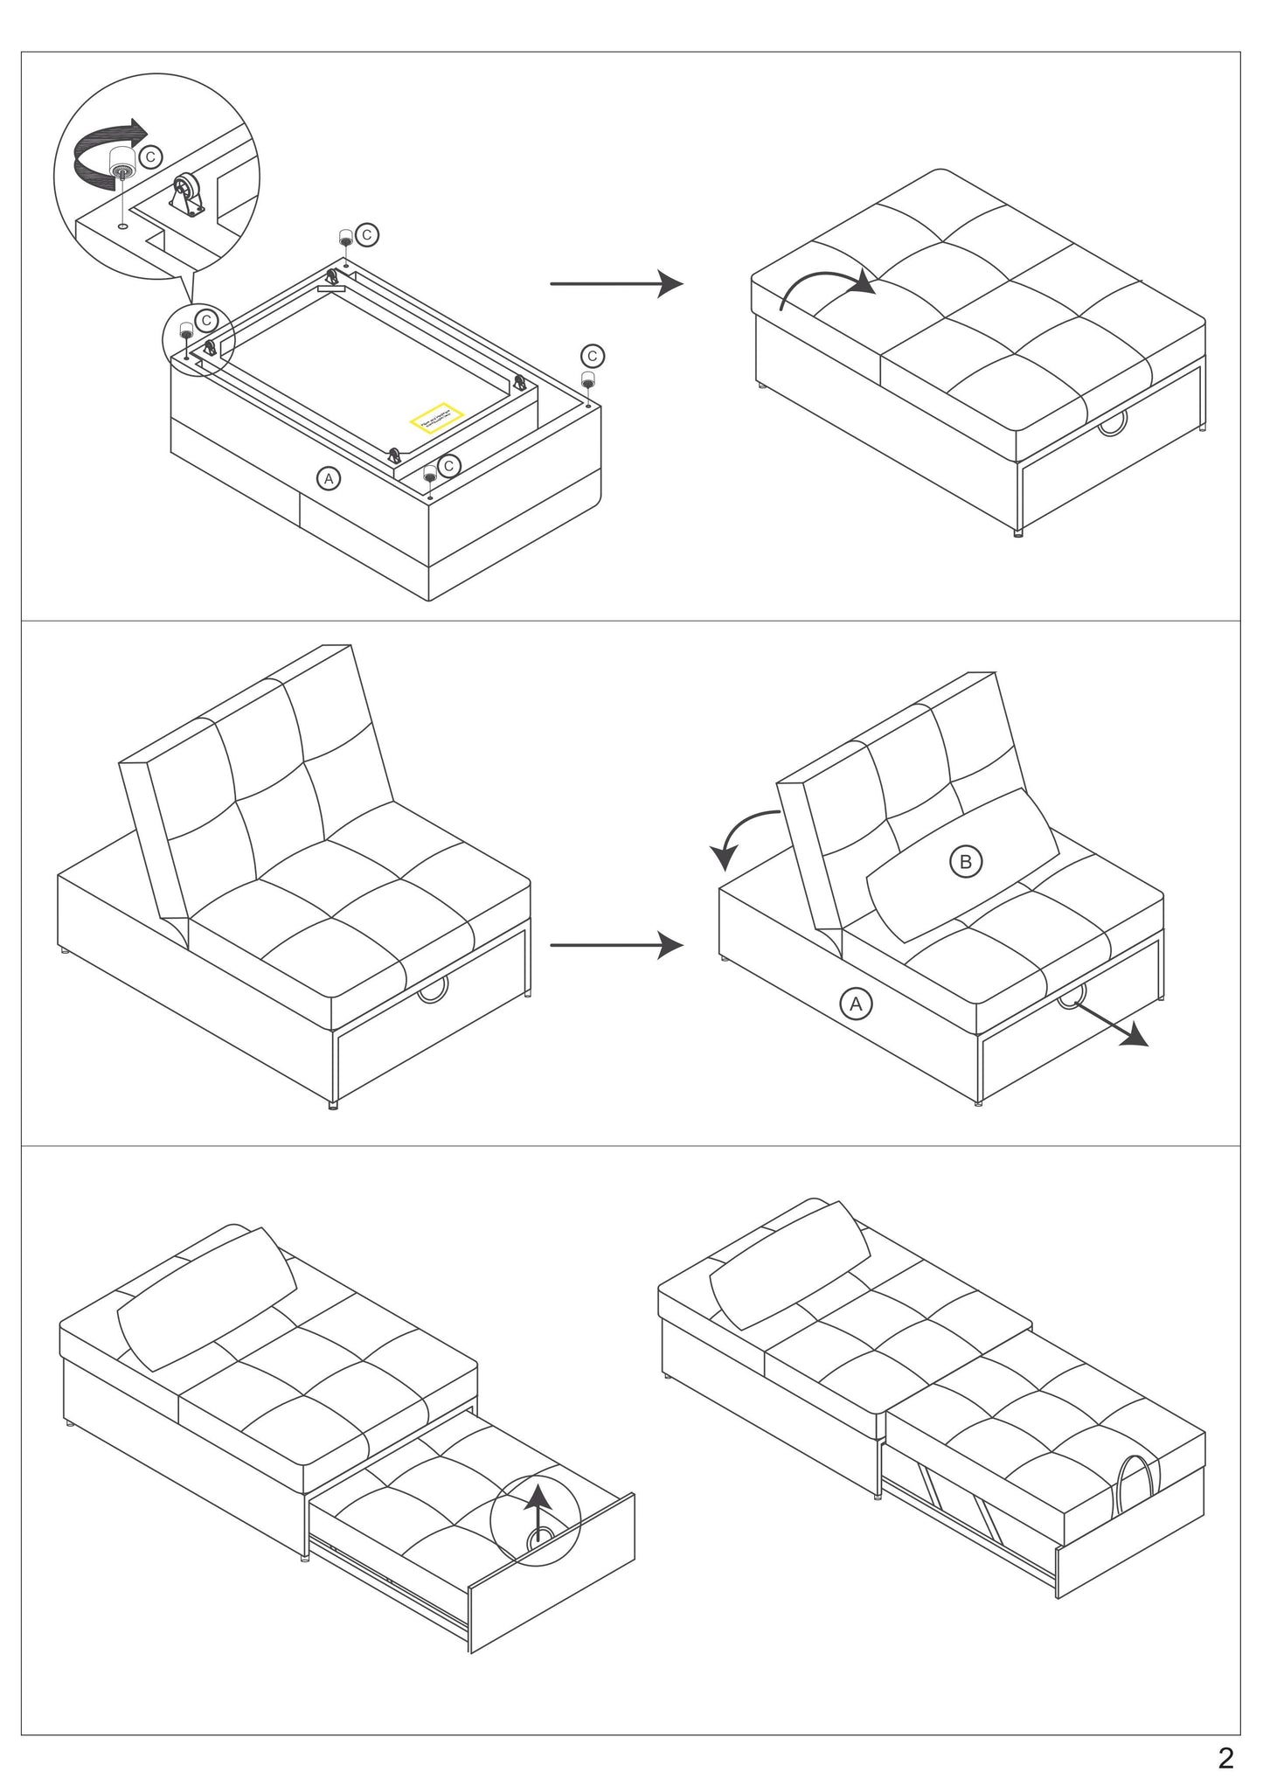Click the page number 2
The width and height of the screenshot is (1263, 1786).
pyautogui.click(x=1226, y=1756)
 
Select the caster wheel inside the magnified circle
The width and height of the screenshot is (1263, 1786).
pyautogui.click(x=187, y=190)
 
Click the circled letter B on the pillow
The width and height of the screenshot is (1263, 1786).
pyautogui.click(x=965, y=862)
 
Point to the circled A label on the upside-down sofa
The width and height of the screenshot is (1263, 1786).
pyautogui.click(x=329, y=478)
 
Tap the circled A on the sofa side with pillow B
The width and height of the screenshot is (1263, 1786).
pyautogui.click(x=856, y=1004)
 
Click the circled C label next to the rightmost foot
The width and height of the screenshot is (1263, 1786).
pyautogui.click(x=593, y=356)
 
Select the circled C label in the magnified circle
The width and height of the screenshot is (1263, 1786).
pyautogui.click(x=150, y=156)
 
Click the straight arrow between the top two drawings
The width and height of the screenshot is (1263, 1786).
pyautogui.click(x=616, y=283)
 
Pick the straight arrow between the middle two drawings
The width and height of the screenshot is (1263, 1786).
pyautogui.click(x=616, y=944)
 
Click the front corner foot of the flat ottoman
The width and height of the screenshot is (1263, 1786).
pyautogui.click(x=1017, y=532)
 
